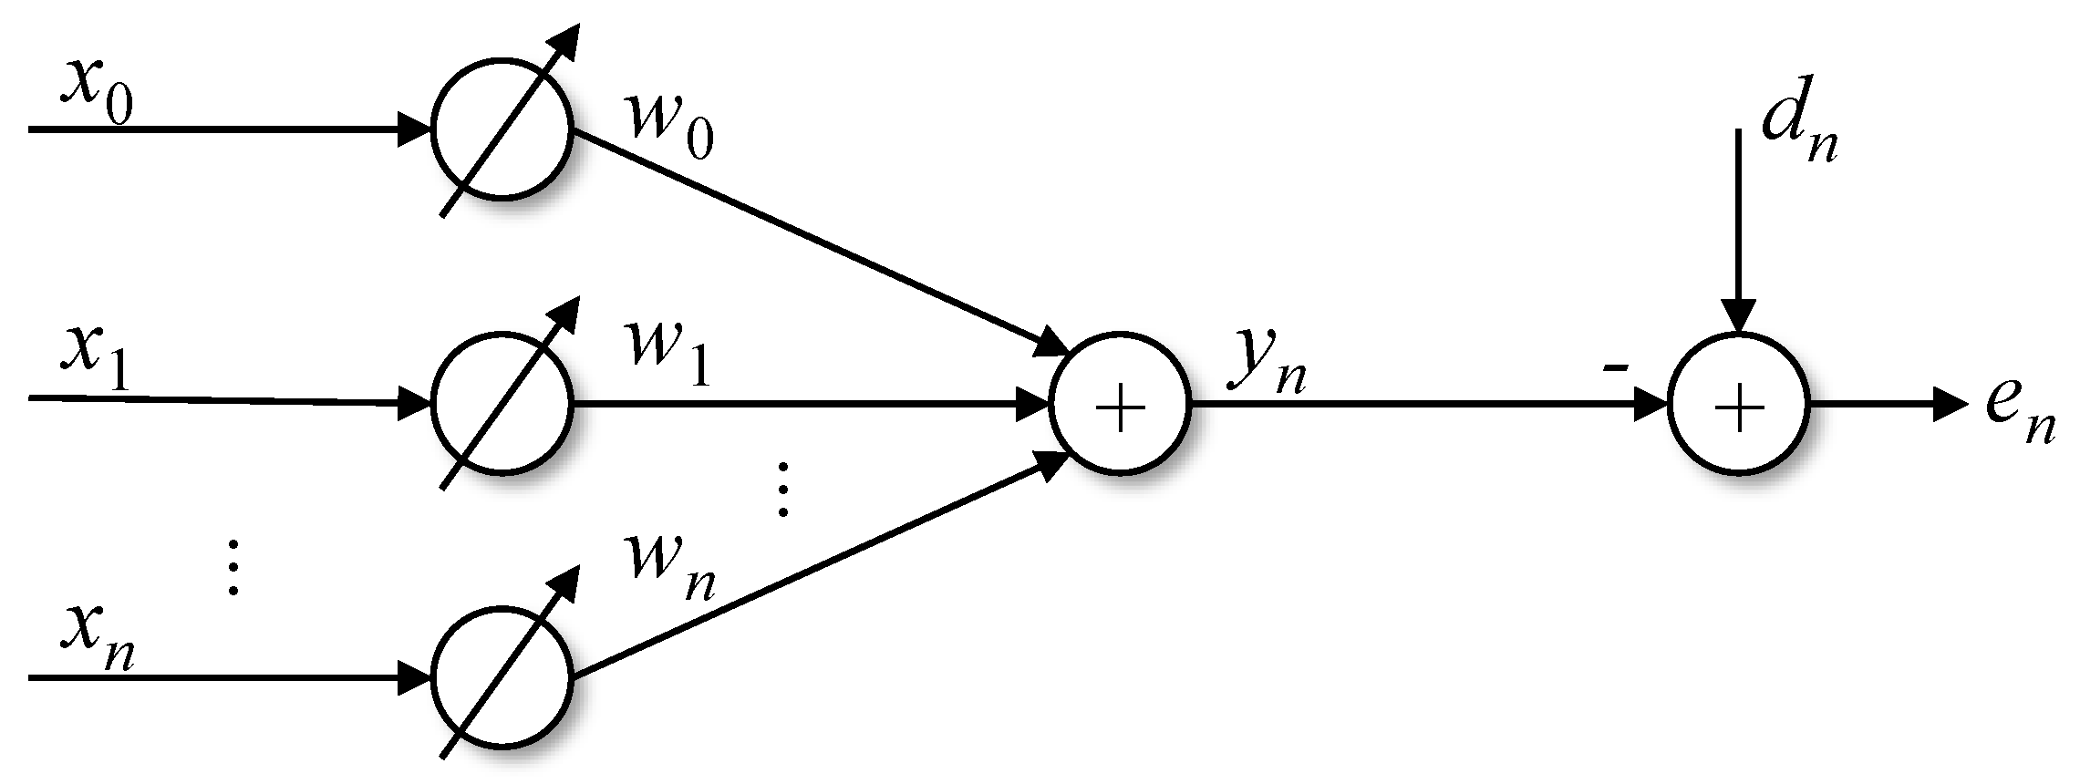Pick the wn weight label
click(670, 570)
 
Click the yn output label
click(1267, 363)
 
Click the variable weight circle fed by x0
click(502, 130)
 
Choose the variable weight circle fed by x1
click(502, 404)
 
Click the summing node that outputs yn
click(1120, 405)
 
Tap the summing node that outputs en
click(1738, 405)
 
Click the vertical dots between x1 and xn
click(233, 566)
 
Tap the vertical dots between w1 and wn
click(782, 490)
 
